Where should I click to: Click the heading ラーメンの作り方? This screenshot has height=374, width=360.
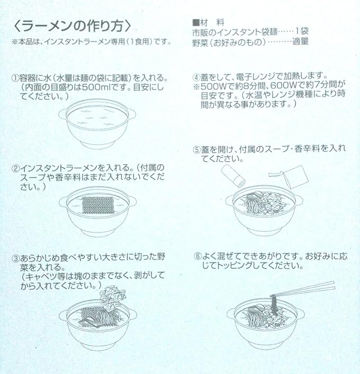(x=72, y=26)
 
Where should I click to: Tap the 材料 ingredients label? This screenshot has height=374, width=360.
(x=208, y=23)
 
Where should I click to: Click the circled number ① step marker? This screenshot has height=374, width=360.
(x=15, y=78)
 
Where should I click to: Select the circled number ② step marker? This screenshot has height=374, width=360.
(x=16, y=168)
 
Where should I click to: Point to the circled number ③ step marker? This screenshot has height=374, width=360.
(x=16, y=258)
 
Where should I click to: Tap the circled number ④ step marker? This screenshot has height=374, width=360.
(x=196, y=77)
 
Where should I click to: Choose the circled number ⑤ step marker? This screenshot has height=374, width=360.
(x=197, y=150)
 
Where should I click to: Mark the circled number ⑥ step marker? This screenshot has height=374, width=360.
(x=198, y=257)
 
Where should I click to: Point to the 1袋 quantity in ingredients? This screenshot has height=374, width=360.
(x=302, y=31)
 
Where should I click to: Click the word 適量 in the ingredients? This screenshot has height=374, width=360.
(x=301, y=41)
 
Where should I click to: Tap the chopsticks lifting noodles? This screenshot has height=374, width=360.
(x=303, y=289)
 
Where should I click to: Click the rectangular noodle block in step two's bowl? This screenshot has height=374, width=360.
(x=98, y=204)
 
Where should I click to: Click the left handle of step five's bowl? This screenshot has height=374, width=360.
(x=229, y=200)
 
